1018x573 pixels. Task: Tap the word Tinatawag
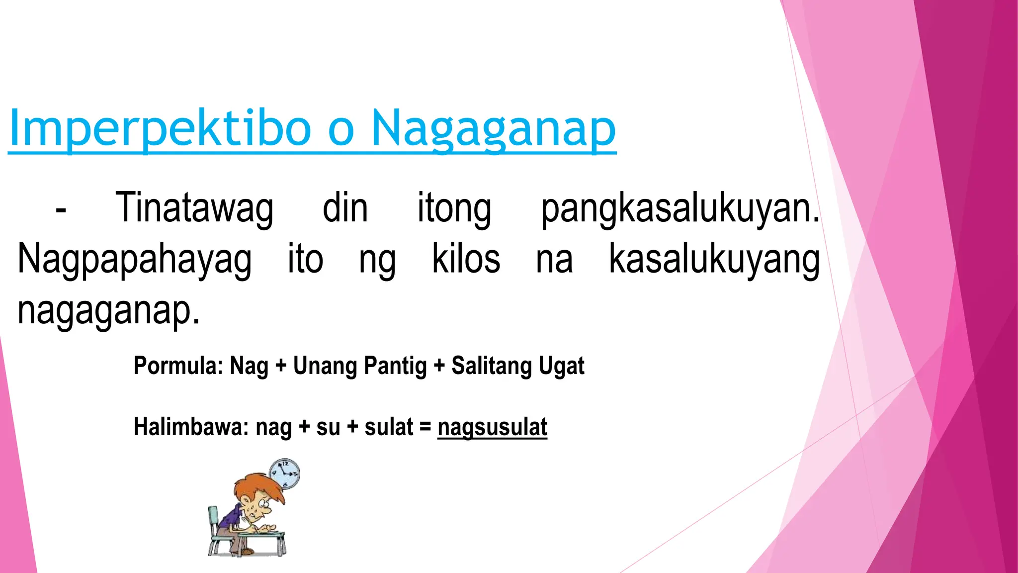[x=194, y=208]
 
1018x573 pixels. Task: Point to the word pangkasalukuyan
[x=679, y=208]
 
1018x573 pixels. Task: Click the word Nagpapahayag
[x=135, y=260]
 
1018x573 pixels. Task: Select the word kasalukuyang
[x=714, y=260]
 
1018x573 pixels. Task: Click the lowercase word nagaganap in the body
[x=108, y=310]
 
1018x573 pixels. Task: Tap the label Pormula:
[x=178, y=366]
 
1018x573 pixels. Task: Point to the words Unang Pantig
[x=360, y=366]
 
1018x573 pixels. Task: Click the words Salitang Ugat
[x=517, y=366]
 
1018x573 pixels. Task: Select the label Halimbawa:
[x=191, y=427]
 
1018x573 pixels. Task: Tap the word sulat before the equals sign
[x=389, y=427]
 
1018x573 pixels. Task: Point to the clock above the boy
[x=285, y=474]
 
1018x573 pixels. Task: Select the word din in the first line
[x=345, y=208]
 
